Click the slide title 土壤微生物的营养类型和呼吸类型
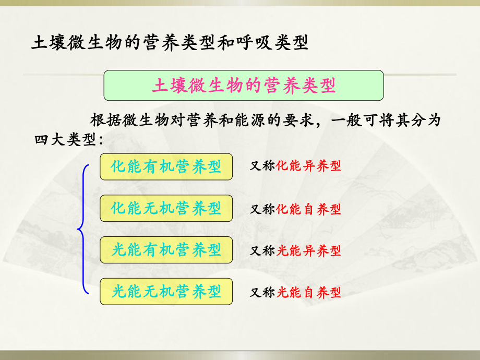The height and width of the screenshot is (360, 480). click(x=170, y=42)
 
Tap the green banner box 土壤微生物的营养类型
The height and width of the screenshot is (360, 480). click(x=244, y=86)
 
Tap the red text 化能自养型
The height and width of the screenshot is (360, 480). click(x=308, y=209)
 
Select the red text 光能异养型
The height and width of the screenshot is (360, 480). click(x=308, y=251)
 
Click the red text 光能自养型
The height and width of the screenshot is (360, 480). click(x=308, y=293)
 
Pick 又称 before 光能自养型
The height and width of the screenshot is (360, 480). click(x=262, y=293)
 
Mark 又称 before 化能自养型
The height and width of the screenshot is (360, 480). click(x=262, y=209)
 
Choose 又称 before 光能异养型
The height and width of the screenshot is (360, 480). click(x=262, y=251)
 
